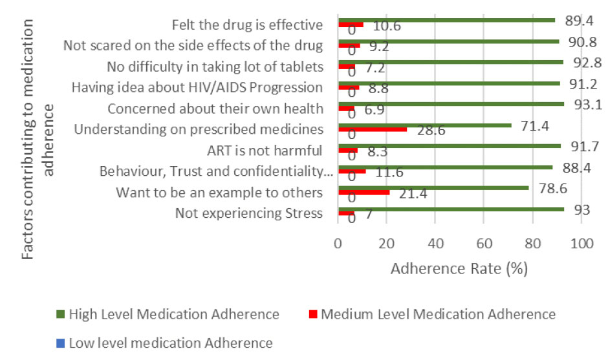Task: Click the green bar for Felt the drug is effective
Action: (446, 20)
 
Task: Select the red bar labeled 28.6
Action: (373, 129)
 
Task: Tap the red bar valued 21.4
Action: (364, 192)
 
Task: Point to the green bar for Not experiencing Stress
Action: (451, 209)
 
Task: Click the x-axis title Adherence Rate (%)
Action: (459, 269)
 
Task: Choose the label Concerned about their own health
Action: (215, 109)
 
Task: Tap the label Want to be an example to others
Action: (219, 193)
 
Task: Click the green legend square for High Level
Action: (60, 315)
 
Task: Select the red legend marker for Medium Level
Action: (312, 315)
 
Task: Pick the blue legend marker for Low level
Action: (60, 343)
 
